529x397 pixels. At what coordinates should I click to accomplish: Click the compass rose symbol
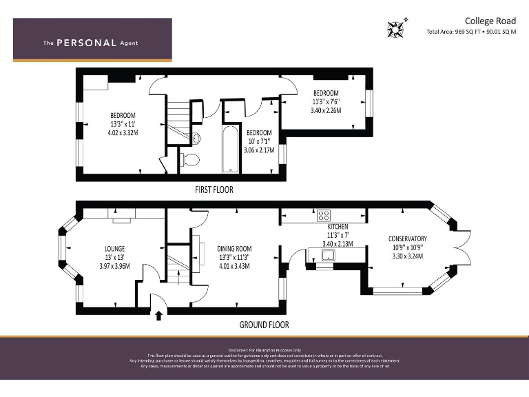click(x=396, y=29)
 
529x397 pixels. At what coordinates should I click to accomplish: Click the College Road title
click(x=490, y=21)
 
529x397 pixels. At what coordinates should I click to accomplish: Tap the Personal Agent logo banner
click(x=92, y=41)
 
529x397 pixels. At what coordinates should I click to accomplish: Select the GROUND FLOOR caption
click(x=263, y=325)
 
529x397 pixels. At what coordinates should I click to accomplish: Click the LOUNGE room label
click(x=114, y=248)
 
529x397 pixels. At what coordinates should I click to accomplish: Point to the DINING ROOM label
click(x=234, y=249)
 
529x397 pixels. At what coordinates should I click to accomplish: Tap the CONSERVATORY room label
click(x=407, y=239)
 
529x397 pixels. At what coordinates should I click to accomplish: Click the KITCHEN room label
click(x=338, y=227)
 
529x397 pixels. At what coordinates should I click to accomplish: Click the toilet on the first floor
click(x=190, y=160)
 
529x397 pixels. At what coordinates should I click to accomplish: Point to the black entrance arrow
click(x=159, y=316)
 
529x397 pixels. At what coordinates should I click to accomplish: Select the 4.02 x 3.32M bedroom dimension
click(x=124, y=132)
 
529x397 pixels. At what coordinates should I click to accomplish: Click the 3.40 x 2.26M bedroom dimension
click(x=326, y=110)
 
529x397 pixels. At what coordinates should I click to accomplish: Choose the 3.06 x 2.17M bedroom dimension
click(x=259, y=150)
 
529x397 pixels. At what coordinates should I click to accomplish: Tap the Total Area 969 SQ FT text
click(x=471, y=32)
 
